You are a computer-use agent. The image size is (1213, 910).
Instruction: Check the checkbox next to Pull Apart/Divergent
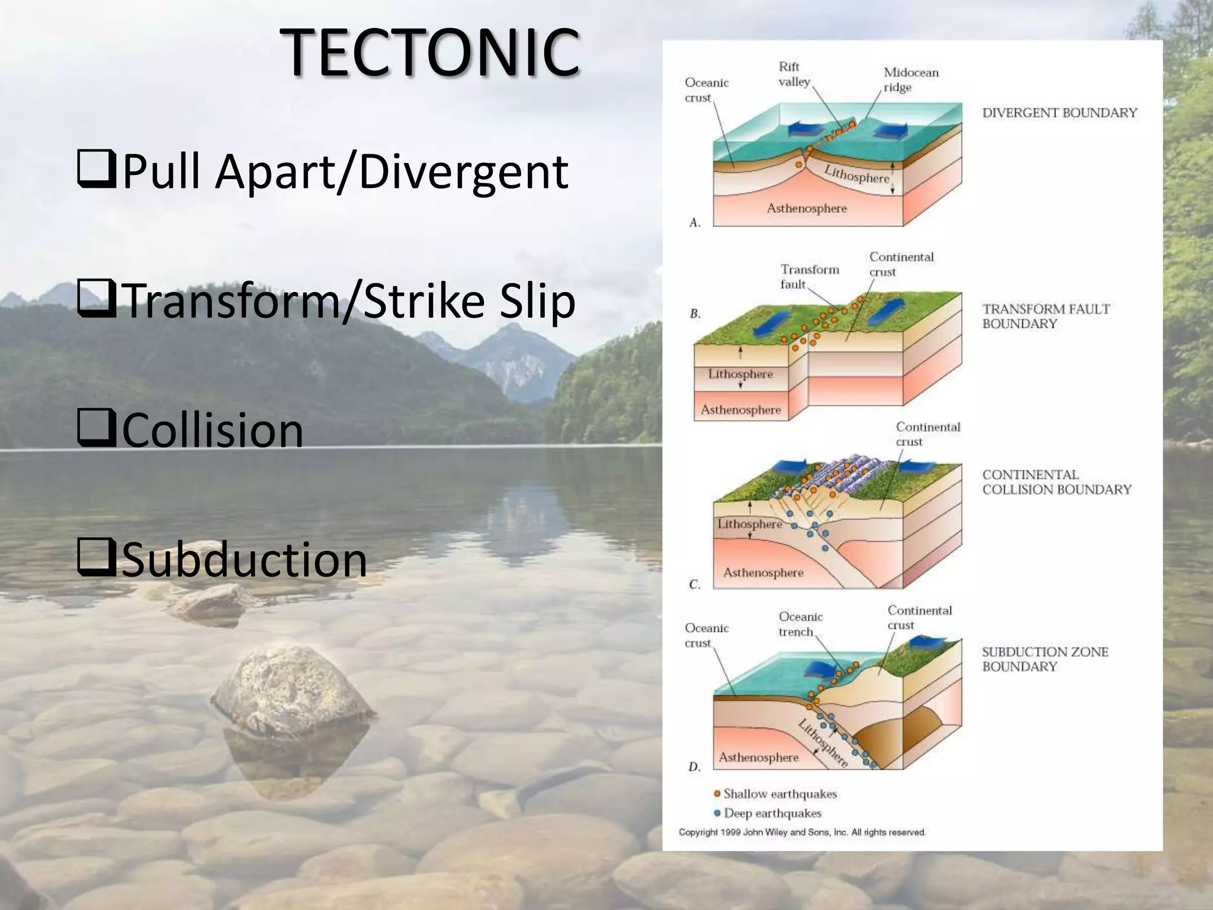[x=96, y=170]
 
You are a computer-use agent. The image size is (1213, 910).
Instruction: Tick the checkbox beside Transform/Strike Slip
[x=96, y=299]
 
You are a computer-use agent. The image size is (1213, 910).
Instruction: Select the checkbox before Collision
[x=96, y=428]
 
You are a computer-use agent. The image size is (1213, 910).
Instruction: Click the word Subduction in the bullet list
[x=245, y=559]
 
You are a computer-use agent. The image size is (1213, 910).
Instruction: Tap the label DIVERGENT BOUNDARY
[x=1059, y=113]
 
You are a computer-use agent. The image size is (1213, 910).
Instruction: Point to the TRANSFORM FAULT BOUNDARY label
[x=1045, y=316]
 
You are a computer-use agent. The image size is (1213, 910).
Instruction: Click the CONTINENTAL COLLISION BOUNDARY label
[x=1056, y=482]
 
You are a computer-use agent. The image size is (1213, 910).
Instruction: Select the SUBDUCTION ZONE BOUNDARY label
[x=1045, y=659]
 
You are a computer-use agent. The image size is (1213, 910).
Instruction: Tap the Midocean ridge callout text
[x=910, y=79]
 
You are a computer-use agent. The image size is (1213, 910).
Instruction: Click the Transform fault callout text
[x=808, y=276]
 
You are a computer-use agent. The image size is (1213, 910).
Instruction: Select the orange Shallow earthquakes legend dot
[x=717, y=793]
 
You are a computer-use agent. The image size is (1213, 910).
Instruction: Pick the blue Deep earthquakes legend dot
[x=717, y=813]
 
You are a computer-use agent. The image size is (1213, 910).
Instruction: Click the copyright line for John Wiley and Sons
[x=802, y=832]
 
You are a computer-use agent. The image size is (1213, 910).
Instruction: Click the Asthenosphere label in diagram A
[x=806, y=208]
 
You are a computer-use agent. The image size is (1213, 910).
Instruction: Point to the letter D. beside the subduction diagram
[x=694, y=767]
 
